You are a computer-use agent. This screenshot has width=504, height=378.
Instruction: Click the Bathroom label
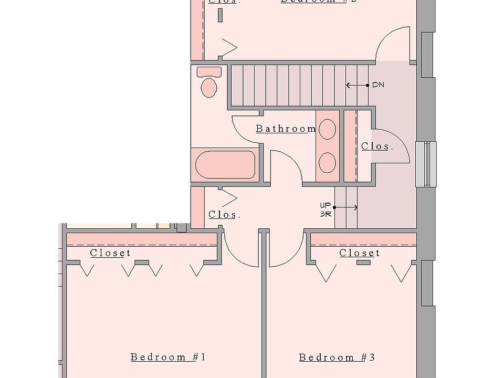286,129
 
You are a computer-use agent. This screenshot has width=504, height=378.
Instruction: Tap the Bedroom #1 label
168,358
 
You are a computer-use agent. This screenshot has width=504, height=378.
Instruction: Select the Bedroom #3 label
337,358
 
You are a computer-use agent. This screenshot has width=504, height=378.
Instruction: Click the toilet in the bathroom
209,87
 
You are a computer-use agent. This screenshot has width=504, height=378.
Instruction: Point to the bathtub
225,165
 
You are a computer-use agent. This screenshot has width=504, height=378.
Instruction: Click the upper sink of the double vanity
328,129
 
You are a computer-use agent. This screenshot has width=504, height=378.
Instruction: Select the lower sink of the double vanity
328,162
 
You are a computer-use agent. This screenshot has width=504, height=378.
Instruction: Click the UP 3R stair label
325,209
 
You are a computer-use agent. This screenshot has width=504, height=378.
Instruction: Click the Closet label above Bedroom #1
110,253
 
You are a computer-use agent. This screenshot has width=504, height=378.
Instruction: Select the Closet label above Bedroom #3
360,253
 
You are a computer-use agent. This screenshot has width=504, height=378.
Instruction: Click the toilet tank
209,71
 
